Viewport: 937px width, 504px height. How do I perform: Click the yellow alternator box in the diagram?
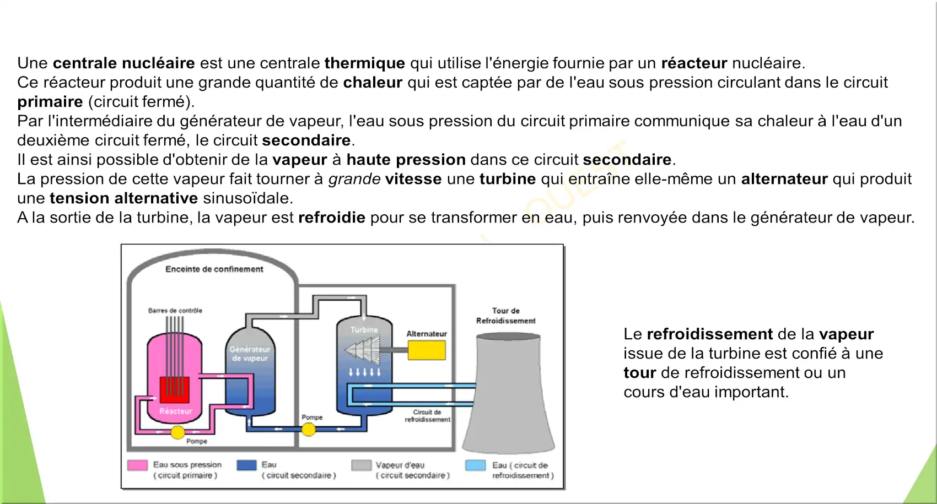427,350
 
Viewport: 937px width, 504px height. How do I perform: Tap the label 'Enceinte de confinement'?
214,269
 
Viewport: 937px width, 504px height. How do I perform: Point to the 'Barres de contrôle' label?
175,311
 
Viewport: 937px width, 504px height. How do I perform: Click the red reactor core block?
174,390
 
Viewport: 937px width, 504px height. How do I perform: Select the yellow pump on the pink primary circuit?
177,432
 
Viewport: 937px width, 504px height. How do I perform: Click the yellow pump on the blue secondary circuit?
309,429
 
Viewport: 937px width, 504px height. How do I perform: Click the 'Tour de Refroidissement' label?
506,316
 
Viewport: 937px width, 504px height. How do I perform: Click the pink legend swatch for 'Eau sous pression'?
137,465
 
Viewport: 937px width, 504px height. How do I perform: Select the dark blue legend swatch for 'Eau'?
247,465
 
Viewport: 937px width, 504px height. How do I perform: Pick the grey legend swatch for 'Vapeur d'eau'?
361,465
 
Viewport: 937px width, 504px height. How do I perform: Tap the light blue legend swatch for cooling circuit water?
475,465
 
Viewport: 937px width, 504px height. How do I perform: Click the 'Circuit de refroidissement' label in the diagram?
427,416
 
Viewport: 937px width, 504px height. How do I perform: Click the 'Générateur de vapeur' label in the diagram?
250,354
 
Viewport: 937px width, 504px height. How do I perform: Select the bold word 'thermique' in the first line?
364,63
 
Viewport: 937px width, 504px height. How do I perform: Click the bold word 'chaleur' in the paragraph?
373,83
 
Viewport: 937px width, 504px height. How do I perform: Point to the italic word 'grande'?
354,179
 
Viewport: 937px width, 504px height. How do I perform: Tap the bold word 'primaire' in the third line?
50,102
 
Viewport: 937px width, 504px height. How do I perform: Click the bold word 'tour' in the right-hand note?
639,373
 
